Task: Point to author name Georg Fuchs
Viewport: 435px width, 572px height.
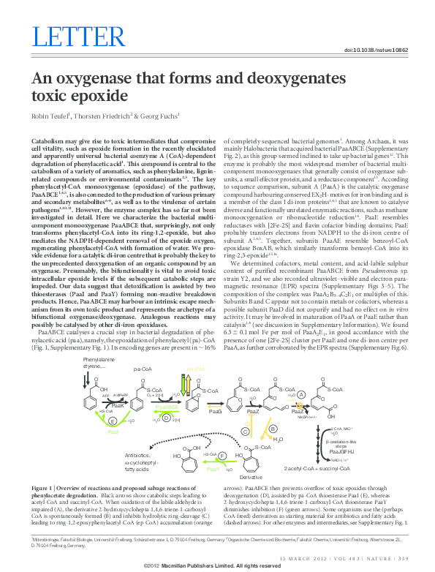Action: click(x=158, y=116)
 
